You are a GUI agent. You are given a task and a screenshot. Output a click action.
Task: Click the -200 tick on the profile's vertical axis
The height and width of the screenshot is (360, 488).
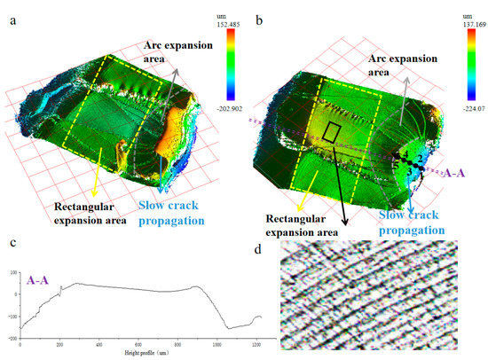pos(12,339)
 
